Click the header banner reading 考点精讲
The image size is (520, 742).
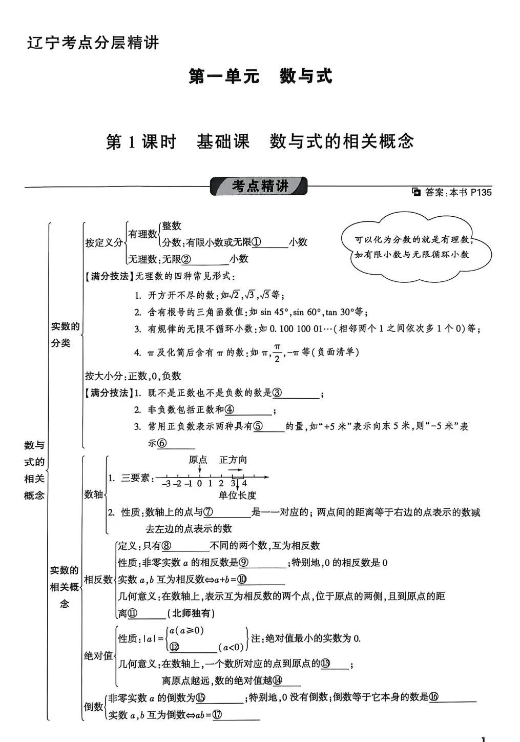(x=259, y=186)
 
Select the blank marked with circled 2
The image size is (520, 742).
(x=205, y=259)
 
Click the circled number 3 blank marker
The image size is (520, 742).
(x=277, y=393)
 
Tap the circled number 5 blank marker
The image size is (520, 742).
(x=259, y=426)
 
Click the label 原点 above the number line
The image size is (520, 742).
(x=198, y=460)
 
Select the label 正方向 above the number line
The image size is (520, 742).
(x=233, y=460)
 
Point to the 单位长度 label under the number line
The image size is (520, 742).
(x=237, y=495)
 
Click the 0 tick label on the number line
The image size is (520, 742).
(x=199, y=483)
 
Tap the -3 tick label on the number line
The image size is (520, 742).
(x=166, y=483)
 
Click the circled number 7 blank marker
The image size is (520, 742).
(x=208, y=512)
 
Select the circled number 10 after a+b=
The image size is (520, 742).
(x=242, y=580)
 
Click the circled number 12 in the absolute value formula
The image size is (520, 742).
(x=174, y=647)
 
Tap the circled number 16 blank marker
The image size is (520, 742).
(x=434, y=697)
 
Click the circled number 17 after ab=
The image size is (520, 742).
(x=217, y=715)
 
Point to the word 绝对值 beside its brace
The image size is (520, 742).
(x=98, y=655)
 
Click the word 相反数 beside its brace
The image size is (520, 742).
(x=98, y=580)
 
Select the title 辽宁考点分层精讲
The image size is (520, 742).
(x=93, y=43)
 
